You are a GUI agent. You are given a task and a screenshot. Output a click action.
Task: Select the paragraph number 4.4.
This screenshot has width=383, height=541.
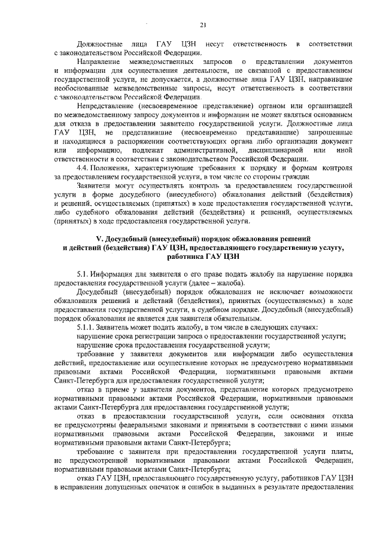coord(84,169)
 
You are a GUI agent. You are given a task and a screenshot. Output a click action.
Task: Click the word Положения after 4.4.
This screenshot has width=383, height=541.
coord(116,169)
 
